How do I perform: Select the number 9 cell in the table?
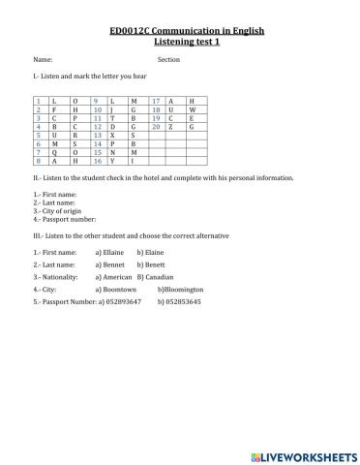point(97,101)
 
